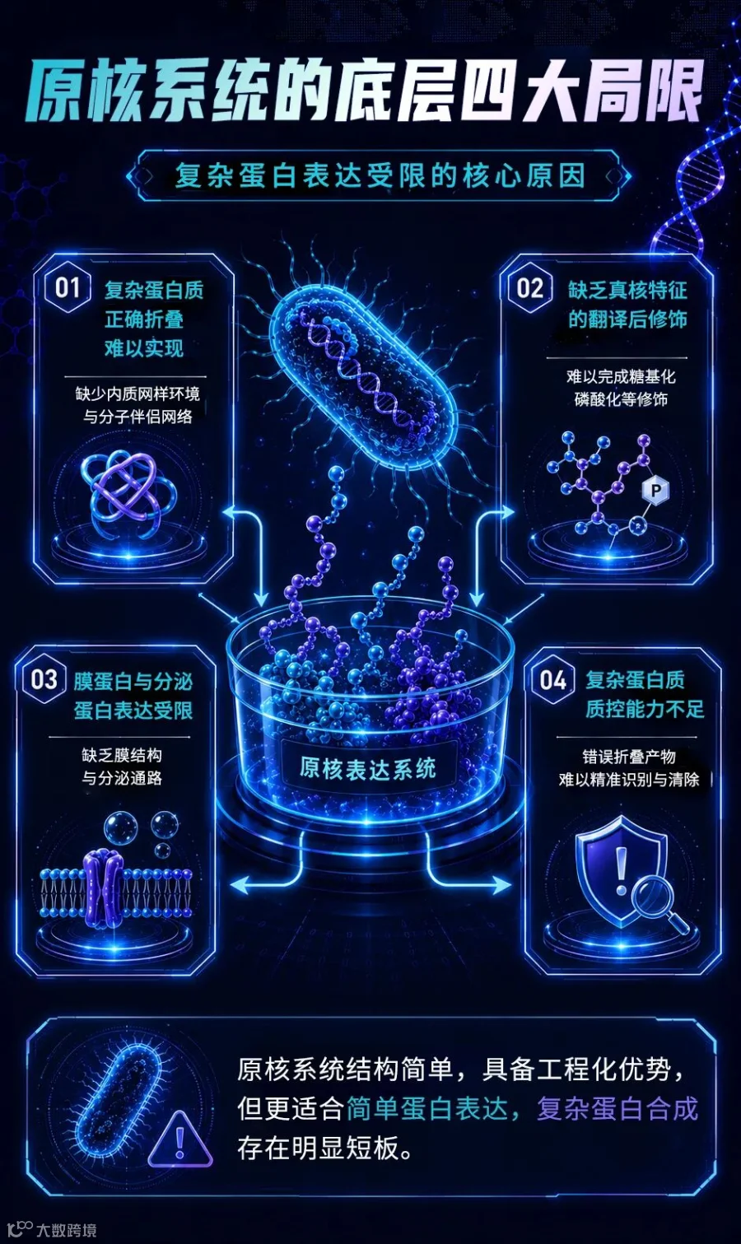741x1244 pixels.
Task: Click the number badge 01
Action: pos(68,289)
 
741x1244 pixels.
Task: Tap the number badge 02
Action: pos(530,288)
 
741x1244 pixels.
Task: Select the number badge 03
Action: pos(44,680)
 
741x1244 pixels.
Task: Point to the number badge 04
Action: pos(553,680)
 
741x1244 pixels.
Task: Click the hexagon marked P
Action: pos(655,491)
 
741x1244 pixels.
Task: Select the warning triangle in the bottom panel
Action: pos(180,1140)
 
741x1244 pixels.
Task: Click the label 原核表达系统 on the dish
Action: pos(368,769)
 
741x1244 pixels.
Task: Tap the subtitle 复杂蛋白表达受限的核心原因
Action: pos(380,176)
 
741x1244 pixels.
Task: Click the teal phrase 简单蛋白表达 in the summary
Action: pos(427,1108)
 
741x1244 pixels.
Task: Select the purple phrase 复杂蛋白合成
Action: pos(617,1108)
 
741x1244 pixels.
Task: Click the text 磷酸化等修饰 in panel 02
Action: pos(621,399)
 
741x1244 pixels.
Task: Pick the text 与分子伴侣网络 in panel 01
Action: pos(137,417)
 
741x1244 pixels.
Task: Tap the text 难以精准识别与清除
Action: pos(629,779)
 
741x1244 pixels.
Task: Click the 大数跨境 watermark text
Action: pos(67,1229)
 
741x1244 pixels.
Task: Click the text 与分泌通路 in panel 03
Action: pos(122,778)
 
